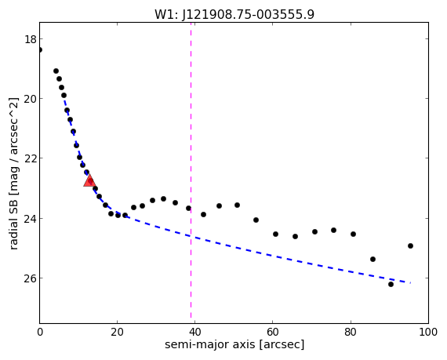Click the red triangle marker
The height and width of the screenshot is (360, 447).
click(x=89, y=180)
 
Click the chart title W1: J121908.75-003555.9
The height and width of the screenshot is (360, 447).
click(x=234, y=14)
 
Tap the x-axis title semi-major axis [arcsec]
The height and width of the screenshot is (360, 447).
click(x=234, y=344)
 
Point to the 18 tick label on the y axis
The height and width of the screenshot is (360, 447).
click(x=31, y=39)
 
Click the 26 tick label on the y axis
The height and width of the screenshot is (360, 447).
click(x=31, y=278)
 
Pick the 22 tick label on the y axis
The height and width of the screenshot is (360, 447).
click(x=31, y=158)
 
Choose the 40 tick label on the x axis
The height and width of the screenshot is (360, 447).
click(x=194, y=332)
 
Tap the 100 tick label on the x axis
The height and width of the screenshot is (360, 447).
click(x=428, y=332)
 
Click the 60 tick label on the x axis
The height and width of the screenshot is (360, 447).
click(x=273, y=332)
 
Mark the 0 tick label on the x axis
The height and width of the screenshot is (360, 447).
click(x=40, y=332)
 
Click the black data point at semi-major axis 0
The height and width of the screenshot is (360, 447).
click(x=40, y=50)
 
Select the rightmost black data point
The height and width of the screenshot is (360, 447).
click(x=410, y=245)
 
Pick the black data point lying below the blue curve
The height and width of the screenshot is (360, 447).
click(x=391, y=284)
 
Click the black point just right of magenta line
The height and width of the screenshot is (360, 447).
click(x=203, y=214)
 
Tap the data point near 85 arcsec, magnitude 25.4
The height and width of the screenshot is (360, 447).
click(x=372, y=259)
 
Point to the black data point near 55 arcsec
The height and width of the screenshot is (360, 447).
click(x=256, y=220)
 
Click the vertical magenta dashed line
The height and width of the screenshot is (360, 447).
click(x=191, y=170)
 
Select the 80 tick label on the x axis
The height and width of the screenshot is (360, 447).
click(x=351, y=332)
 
